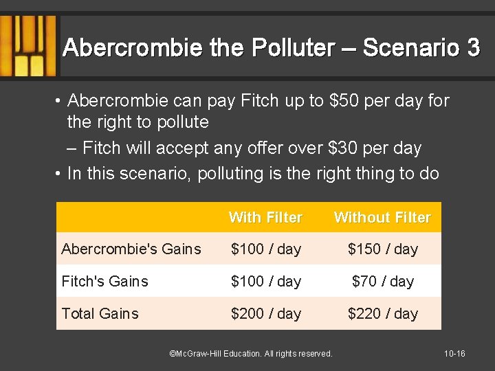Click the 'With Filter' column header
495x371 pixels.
coord(265,218)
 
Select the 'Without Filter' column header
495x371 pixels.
coord(382,218)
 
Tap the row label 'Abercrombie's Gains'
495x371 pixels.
coord(131,249)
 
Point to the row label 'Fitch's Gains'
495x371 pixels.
coord(104,281)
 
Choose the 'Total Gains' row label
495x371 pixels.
coord(100,313)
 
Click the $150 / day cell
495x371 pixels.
coord(383,249)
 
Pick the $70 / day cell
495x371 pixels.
coord(383,281)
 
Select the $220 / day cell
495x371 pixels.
coord(383,313)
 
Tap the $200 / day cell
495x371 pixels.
coord(266,313)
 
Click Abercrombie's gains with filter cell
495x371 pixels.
coord(266,249)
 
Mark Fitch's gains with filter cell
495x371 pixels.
coord(266,281)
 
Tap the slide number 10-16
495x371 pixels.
coord(454,354)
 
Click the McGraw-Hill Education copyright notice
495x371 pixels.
coord(251,354)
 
